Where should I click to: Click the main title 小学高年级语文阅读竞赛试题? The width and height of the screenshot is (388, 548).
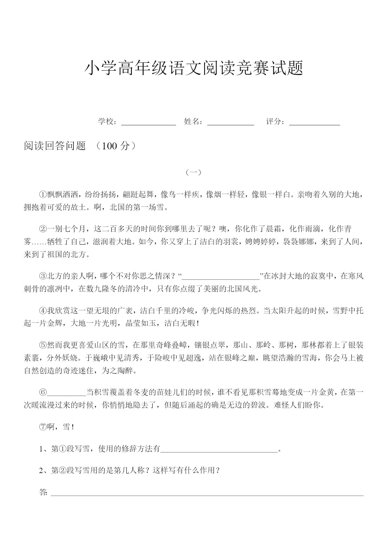(x=194, y=68)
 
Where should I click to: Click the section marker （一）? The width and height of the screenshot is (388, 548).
(x=194, y=172)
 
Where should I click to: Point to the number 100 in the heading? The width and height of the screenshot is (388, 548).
(x=109, y=146)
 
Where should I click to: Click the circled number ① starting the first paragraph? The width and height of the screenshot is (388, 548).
(x=43, y=195)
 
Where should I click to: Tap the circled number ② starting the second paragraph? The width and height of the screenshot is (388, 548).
(x=43, y=229)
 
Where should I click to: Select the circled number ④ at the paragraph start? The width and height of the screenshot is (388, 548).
(x=43, y=311)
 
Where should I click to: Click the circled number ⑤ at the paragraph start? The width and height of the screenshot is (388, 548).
(x=43, y=346)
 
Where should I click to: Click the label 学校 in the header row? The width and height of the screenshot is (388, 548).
(x=106, y=122)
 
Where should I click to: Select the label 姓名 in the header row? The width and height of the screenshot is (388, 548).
(x=192, y=122)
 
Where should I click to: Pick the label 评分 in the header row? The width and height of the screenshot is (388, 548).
(x=274, y=122)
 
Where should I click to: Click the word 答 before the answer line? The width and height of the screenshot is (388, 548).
(x=43, y=492)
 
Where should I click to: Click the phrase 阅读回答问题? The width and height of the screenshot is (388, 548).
(x=55, y=146)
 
